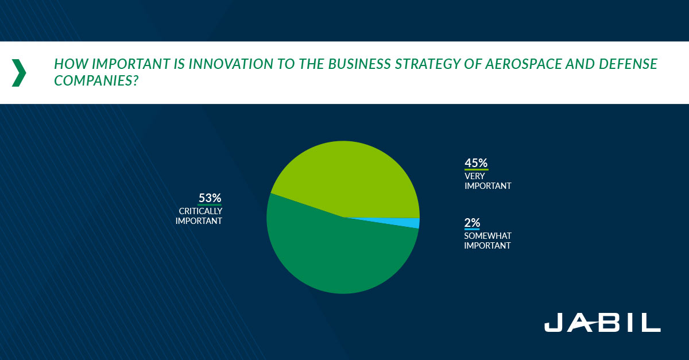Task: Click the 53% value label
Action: tap(210, 198)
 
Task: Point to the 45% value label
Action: tap(476, 163)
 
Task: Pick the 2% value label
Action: tap(472, 223)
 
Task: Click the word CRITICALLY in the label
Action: tap(200, 211)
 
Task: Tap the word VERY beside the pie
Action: tap(475, 176)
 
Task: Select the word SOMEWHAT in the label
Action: tap(488, 235)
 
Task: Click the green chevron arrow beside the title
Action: tap(20, 73)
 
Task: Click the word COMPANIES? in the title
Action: tap(96, 80)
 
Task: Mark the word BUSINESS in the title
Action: tap(359, 64)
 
